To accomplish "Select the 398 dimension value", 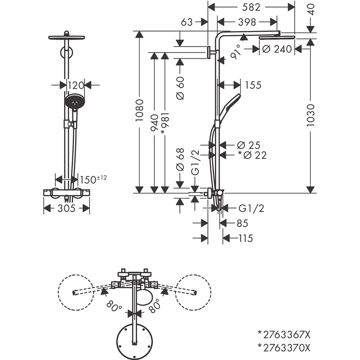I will (x=247, y=22).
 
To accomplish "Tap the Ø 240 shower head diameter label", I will (x=277, y=49).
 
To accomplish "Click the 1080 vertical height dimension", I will (x=139, y=110).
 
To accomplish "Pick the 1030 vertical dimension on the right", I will (x=310, y=115).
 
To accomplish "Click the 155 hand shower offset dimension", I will (x=253, y=85).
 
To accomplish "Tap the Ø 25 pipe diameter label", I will (x=249, y=145).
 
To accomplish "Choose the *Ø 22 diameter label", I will (x=252, y=155).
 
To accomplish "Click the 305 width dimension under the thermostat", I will (x=67, y=208).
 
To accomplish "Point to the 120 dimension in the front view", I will (x=76, y=85).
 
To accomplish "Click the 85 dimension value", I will (x=242, y=223).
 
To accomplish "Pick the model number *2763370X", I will (x=284, y=347).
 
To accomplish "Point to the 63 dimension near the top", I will (x=187, y=22).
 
